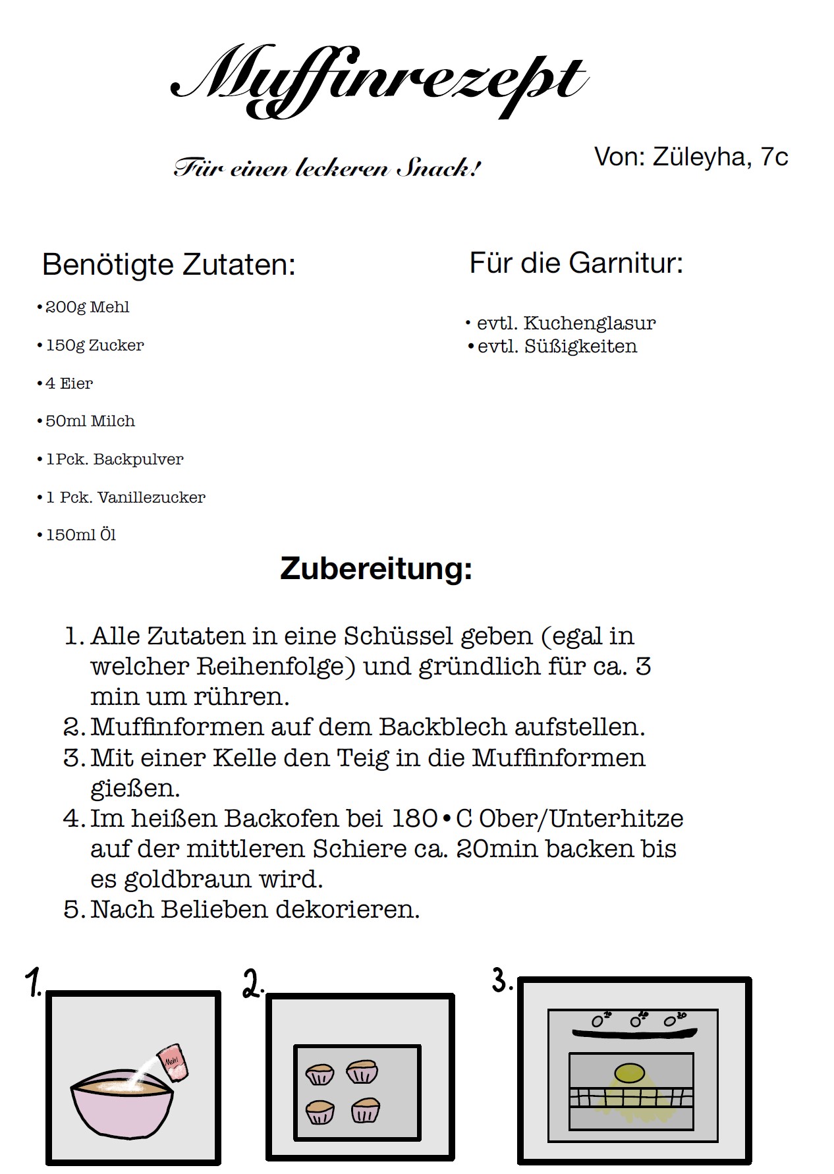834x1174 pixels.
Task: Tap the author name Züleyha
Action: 700,157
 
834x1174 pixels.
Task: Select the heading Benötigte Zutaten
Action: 169,265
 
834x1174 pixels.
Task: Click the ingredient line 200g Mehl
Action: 87,307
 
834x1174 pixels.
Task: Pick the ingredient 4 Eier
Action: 69,383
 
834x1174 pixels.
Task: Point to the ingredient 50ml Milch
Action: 90,421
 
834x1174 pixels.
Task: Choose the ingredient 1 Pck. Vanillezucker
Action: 125,497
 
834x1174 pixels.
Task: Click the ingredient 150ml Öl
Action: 80,535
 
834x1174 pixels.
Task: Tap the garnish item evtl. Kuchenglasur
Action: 566,323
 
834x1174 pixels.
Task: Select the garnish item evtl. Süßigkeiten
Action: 557,347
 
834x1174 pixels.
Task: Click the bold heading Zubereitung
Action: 376,569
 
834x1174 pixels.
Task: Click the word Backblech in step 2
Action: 443,727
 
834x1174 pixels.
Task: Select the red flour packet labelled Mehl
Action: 174,1061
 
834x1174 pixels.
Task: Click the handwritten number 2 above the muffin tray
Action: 253,984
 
